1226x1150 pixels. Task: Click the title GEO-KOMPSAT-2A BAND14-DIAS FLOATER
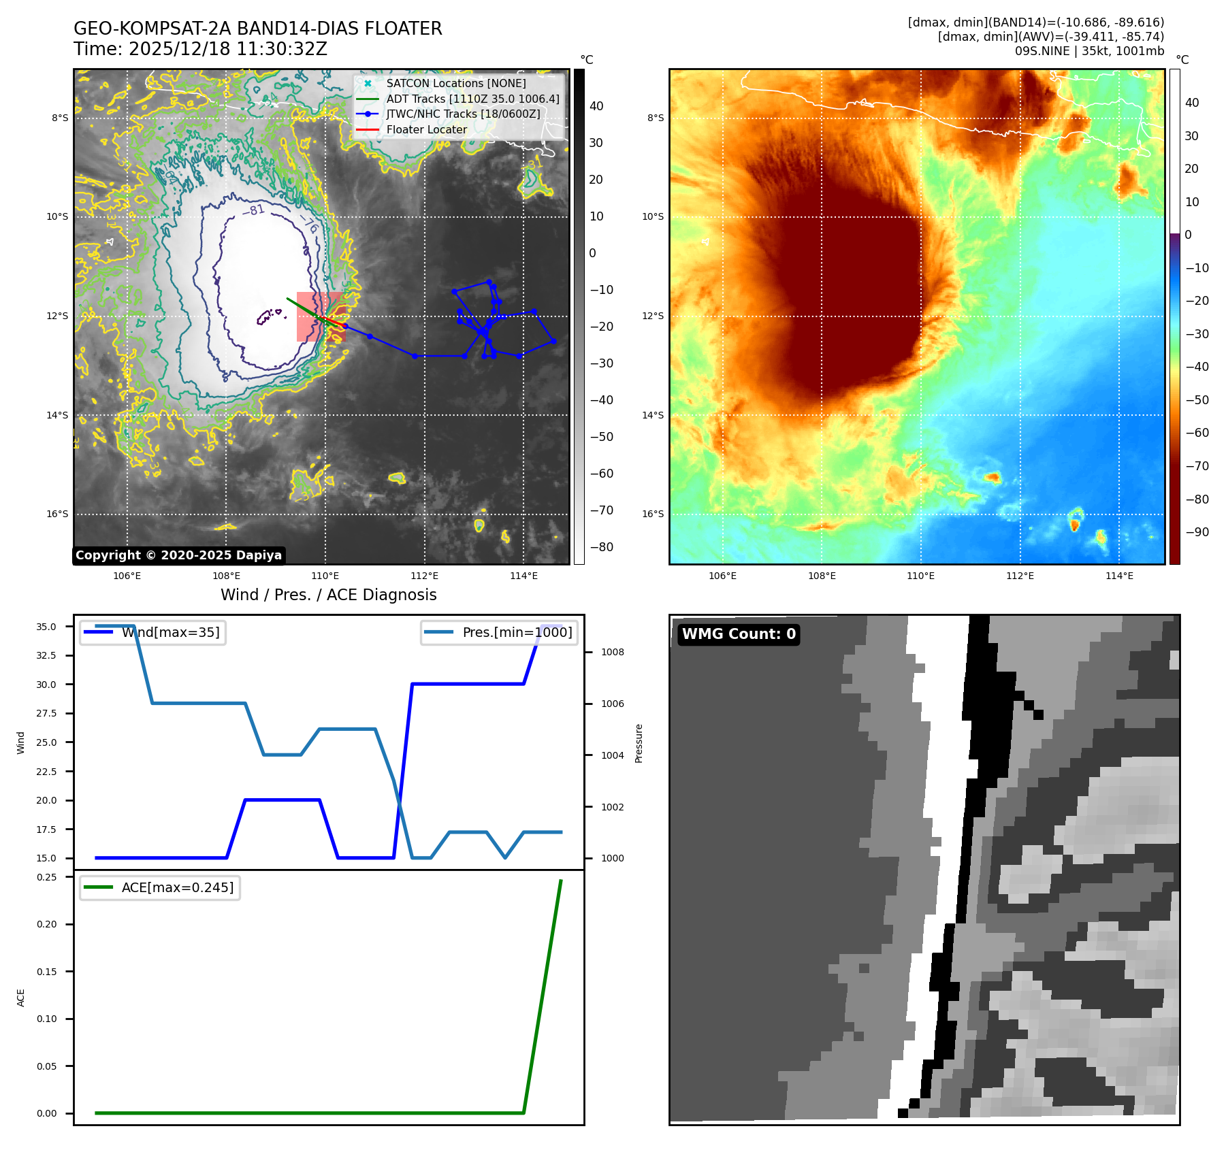click(x=257, y=29)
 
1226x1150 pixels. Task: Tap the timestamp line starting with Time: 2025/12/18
click(x=200, y=49)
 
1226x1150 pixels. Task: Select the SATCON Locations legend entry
click(x=455, y=83)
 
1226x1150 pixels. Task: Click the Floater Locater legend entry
click(x=426, y=129)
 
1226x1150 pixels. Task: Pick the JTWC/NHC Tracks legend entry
click(x=463, y=114)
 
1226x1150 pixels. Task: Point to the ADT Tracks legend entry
click(x=472, y=99)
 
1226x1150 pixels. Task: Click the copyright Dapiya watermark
click(x=178, y=555)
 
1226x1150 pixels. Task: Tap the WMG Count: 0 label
click(x=739, y=634)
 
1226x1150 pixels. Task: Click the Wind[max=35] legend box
click(x=153, y=633)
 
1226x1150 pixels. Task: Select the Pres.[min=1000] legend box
click(x=499, y=633)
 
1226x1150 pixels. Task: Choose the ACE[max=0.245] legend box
click(x=160, y=887)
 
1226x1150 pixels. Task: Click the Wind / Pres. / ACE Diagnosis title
click(x=328, y=595)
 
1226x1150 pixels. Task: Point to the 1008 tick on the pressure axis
click(x=612, y=652)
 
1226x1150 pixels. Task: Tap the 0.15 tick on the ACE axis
click(x=47, y=972)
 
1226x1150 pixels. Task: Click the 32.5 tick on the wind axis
click(x=46, y=655)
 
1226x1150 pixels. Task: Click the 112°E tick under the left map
click(x=424, y=576)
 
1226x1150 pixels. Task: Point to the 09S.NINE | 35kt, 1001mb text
click(x=1089, y=51)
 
